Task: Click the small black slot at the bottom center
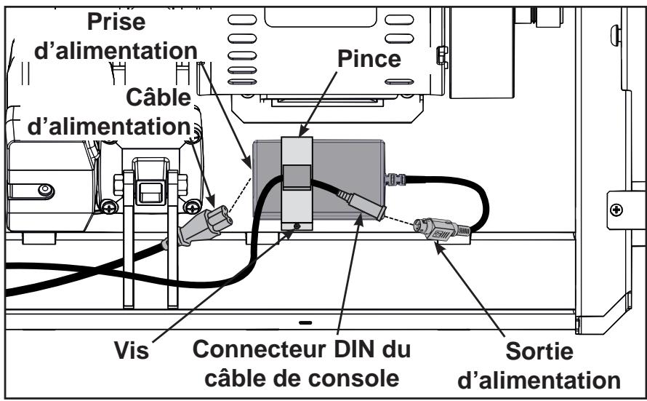coord(304,321)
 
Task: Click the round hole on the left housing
coord(44,191)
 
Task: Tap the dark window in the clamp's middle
coord(295,175)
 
